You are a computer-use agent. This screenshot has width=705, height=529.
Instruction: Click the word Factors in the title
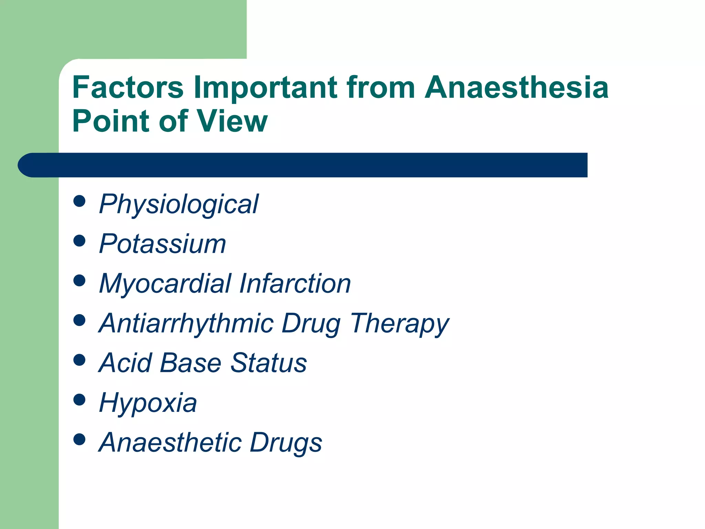(x=128, y=87)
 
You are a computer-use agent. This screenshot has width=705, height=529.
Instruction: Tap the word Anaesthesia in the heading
(x=516, y=87)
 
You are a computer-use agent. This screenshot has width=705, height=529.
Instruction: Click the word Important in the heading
(x=265, y=87)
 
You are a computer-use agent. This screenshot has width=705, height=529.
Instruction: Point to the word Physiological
(x=178, y=205)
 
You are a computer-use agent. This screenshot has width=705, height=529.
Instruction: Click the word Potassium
(x=162, y=244)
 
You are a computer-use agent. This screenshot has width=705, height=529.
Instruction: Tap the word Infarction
(x=295, y=283)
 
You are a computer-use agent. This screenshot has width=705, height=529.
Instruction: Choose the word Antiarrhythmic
(x=186, y=323)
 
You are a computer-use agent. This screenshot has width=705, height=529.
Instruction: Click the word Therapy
(x=400, y=324)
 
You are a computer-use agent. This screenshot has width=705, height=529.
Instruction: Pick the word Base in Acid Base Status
(x=190, y=363)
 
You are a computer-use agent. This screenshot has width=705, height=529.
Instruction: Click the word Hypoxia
(x=148, y=403)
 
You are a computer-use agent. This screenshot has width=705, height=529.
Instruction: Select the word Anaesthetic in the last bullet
(x=170, y=442)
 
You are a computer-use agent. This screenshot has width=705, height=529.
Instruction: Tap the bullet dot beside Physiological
(x=80, y=201)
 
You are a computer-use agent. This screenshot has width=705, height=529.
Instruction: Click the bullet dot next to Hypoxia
(x=80, y=400)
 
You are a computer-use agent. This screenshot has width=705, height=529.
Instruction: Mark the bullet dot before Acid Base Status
(x=80, y=360)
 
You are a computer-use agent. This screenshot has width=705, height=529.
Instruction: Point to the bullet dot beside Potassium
(x=80, y=241)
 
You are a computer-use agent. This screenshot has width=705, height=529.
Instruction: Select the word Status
(x=269, y=363)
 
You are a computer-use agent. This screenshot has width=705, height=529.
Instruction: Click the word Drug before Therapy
(x=311, y=324)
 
